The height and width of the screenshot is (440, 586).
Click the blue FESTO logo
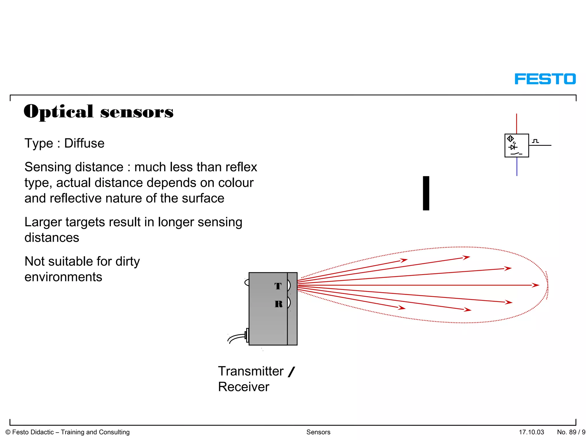click(545, 79)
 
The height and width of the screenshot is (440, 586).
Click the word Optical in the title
click(59, 111)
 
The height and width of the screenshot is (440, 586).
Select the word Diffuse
click(84, 143)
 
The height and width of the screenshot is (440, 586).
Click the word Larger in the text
click(43, 222)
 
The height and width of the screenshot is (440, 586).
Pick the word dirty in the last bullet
click(128, 262)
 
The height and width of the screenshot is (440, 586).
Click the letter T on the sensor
click(278, 286)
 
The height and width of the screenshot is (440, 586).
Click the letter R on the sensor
click(278, 304)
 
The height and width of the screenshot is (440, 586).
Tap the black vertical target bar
click(426, 193)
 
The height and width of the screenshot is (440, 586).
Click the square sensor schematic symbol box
click(516, 146)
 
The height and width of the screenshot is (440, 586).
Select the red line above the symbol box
click(516, 123)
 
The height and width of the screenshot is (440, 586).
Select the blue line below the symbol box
click(517, 167)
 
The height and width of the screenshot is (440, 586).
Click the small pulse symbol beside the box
click(535, 141)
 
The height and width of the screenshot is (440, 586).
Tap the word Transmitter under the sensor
click(251, 371)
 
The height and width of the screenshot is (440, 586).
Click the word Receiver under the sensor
click(243, 387)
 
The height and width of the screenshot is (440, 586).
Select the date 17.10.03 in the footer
click(531, 432)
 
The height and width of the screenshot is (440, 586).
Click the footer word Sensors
click(318, 432)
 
